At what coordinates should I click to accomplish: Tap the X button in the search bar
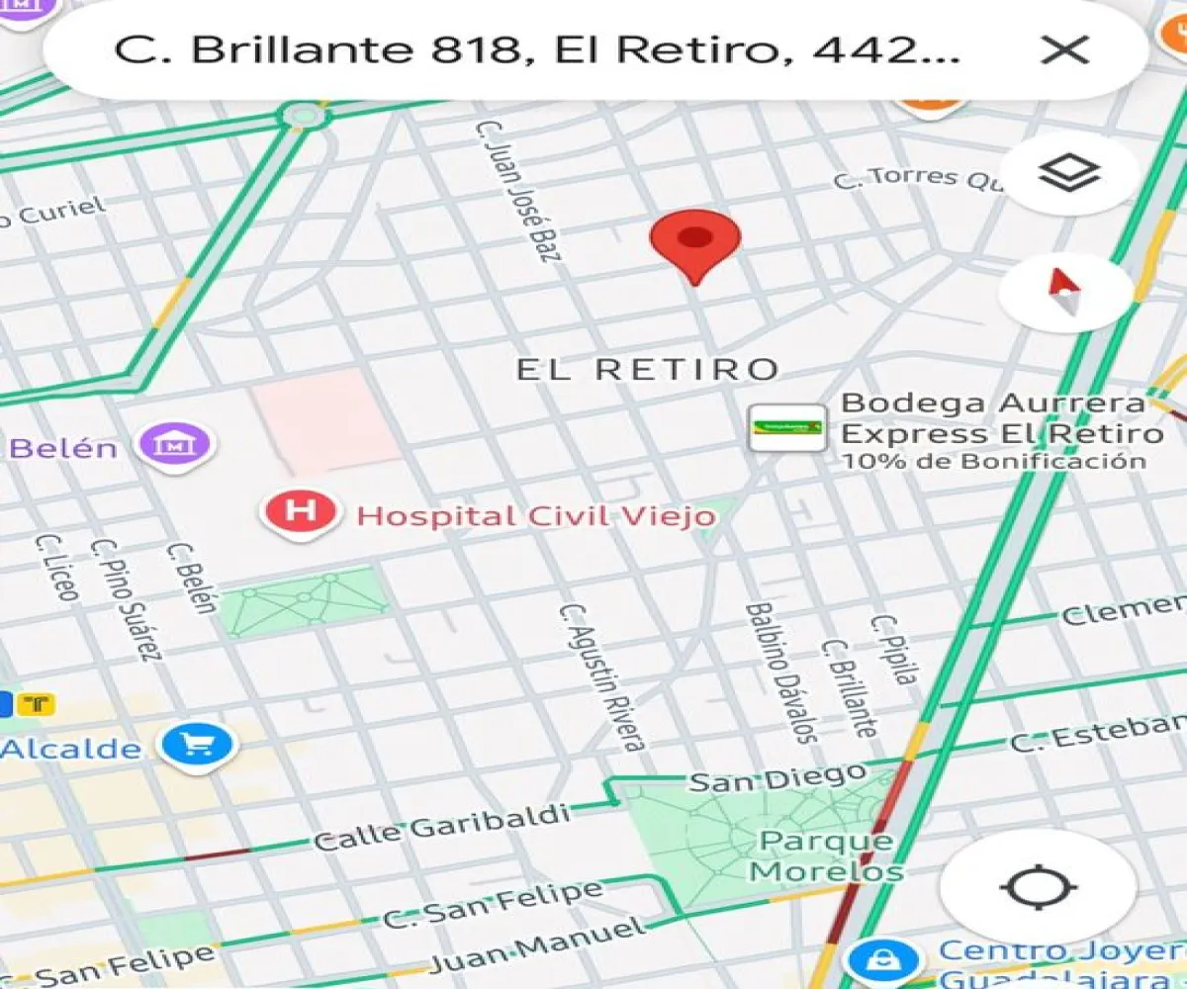point(1065,49)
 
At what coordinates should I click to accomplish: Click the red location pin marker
point(695,242)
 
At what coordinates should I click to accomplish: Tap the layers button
point(1068,174)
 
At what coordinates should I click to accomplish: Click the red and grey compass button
point(1064,292)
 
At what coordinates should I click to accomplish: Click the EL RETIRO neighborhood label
point(648,370)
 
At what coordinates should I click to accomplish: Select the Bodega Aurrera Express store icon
point(787,428)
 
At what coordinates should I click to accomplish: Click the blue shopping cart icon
point(198,745)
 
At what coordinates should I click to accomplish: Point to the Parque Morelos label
point(826,856)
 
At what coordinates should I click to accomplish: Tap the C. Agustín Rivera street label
point(602,676)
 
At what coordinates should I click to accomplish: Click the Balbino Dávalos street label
point(781,673)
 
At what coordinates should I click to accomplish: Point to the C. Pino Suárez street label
point(126,597)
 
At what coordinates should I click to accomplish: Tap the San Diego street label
point(777,778)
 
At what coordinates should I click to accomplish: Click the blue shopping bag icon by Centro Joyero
point(876,958)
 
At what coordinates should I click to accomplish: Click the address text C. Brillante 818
point(317,49)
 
